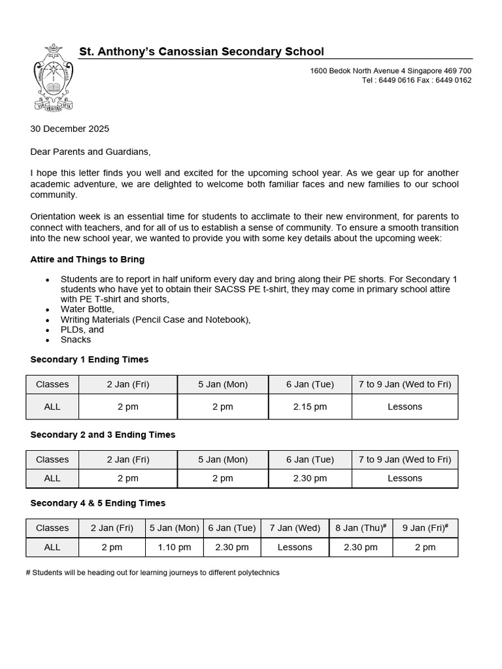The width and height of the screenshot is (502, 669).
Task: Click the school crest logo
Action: [52, 77]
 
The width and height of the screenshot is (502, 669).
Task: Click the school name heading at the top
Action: [201, 52]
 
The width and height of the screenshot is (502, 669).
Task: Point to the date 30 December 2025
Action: [70, 129]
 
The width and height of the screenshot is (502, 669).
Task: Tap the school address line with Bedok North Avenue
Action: [390, 71]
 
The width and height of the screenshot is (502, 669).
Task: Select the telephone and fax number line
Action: [416, 80]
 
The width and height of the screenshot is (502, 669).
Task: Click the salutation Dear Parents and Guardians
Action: [90, 152]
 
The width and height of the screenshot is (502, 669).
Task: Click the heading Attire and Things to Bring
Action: [88, 259]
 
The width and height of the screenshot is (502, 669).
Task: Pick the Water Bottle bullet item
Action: [88, 309]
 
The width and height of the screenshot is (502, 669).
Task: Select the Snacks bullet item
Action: [76, 340]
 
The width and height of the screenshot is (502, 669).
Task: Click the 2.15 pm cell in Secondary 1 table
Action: [310, 406]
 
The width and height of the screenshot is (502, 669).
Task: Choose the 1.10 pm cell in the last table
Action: [175, 547]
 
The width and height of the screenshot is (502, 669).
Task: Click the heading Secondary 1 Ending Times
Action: [90, 359]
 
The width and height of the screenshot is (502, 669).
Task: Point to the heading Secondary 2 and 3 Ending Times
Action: [103, 434]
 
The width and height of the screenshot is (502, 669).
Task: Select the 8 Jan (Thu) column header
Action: [360, 528]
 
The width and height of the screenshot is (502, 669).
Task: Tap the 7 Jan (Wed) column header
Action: [295, 528]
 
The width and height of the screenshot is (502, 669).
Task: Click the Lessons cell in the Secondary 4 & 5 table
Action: [295, 547]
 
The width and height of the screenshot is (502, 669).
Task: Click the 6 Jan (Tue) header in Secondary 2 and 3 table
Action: [310, 459]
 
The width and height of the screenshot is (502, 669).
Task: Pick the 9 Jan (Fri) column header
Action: [425, 528]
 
